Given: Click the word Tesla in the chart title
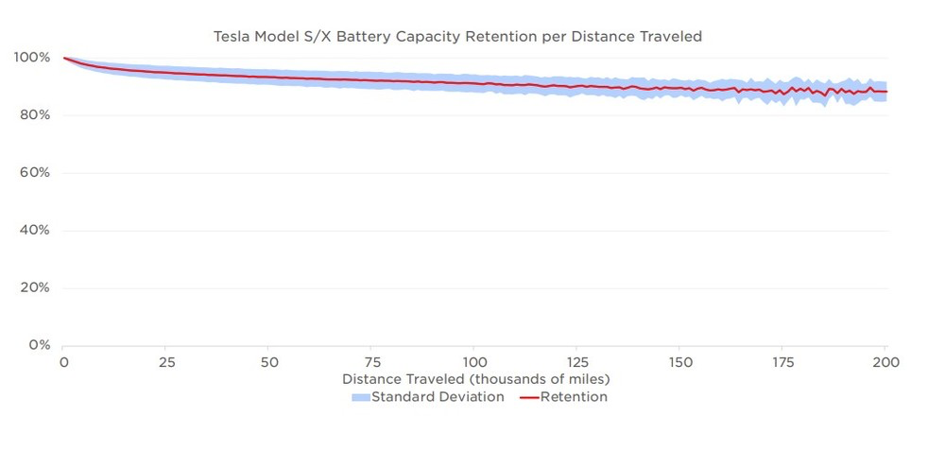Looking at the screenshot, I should click(234, 38).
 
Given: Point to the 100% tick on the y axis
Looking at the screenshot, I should click(31, 58).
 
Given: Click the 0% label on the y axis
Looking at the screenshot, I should click(38, 345).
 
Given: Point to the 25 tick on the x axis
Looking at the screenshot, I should click(166, 363).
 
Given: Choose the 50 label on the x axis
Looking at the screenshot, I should click(269, 363).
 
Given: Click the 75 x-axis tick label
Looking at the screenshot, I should click(372, 363).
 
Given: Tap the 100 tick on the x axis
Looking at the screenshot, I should click(474, 363).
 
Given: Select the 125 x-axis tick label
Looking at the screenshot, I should click(577, 363).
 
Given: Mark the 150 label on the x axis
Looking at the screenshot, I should click(680, 363).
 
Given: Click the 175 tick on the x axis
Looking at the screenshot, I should click(782, 363).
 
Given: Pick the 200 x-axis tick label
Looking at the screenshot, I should click(885, 363).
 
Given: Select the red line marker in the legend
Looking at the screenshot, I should click(529, 398).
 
